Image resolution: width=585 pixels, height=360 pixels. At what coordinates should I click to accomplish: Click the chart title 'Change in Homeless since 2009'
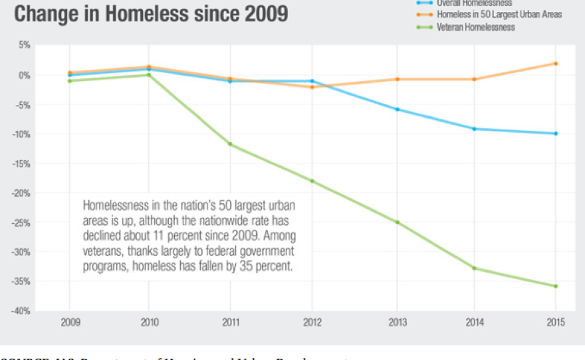tap(150, 13)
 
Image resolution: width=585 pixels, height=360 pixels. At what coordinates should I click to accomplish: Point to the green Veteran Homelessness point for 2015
tap(556, 286)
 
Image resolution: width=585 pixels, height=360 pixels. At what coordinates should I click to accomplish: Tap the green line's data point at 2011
tap(230, 144)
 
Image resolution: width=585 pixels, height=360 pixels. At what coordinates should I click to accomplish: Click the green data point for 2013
tap(398, 222)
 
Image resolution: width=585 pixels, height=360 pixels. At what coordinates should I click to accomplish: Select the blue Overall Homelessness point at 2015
tap(556, 134)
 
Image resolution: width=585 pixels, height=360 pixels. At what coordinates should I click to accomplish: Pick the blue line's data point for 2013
tap(398, 109)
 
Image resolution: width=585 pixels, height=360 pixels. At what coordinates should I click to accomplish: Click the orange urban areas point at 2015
tap(556, 64)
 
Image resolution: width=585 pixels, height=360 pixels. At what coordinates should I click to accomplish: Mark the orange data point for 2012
tap(312, 87)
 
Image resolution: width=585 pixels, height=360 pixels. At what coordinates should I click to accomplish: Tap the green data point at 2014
tap(474, 268)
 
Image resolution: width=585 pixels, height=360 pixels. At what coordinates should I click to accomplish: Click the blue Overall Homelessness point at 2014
tap(474, 129)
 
